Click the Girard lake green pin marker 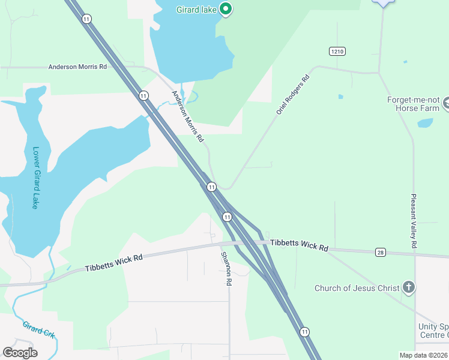coord(226,9)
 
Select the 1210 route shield coord(337,52)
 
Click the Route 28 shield coord(380,253)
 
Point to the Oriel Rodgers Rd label coord(292,95)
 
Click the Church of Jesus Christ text coord(357,288)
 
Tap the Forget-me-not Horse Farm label coord(418,104)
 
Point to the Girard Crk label coord(38,330)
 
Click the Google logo coord(20,353)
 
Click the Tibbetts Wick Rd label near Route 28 coord(299,245)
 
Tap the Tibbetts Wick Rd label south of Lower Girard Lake coord(113,262)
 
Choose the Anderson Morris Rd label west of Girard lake coord(77,67)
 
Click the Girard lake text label coord(196,9)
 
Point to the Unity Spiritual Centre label coord(433,331)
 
